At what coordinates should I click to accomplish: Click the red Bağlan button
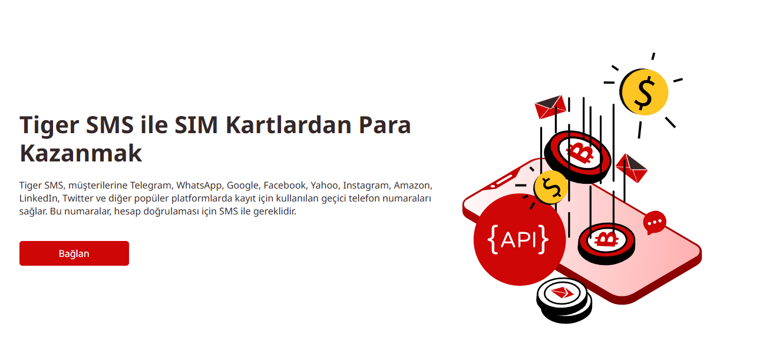point(74,253)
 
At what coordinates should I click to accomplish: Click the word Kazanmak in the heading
point(81,154)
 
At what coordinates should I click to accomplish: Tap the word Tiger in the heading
point(49,125)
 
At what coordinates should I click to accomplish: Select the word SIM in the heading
point(196,125)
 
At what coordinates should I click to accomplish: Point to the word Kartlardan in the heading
point(289,125)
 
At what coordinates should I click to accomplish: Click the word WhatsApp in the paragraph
point(199,186)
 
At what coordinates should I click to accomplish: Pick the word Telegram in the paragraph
point(151,185)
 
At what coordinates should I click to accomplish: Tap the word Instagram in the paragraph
point(366,186)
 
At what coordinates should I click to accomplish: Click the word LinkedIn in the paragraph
point(38,198)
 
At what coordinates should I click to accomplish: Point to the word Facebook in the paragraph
point(285,185)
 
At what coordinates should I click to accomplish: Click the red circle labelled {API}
point(520,239)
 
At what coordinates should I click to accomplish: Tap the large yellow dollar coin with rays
point(644,92)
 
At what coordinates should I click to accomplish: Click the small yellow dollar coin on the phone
point(550,187)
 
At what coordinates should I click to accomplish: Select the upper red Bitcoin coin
point(577,157)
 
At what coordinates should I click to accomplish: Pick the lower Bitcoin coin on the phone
point(607,243)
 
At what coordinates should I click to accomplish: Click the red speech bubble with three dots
point(655,223)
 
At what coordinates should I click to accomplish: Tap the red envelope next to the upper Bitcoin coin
point(631,169)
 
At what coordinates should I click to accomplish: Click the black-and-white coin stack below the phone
point(564,300)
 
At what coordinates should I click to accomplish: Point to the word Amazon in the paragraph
point(413,185)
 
